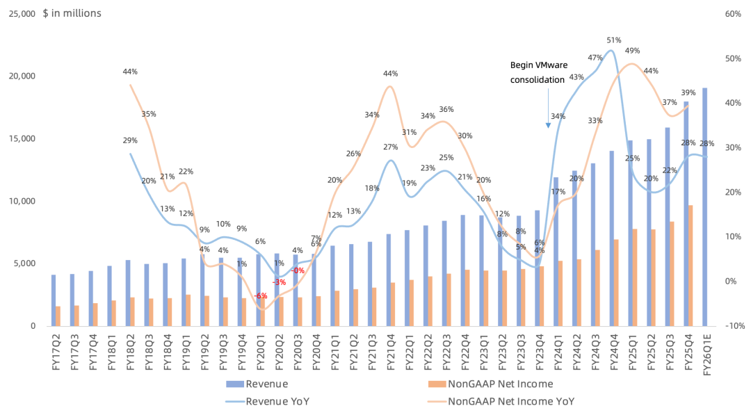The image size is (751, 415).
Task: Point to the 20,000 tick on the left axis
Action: (22, 76)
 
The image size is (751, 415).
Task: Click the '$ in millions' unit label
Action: (72, 13)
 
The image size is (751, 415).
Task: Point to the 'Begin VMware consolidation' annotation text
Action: (538, 72)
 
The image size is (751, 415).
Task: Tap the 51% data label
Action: (613, 40)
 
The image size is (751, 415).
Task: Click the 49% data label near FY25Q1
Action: (632, 51)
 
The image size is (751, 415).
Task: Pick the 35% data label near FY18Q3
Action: (149, 114)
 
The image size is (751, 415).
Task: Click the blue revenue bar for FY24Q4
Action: (612, 238)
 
